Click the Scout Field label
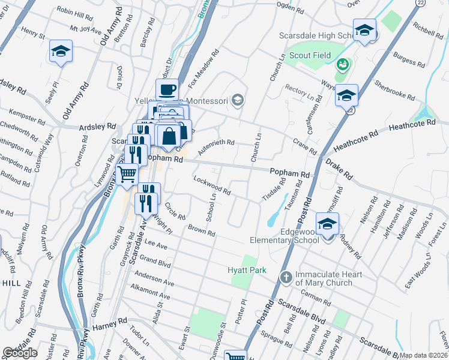click(x=311, y=56)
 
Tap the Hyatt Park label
click(x=247, y=271)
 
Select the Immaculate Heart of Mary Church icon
click(x=286, y=278)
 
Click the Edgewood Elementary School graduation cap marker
click(x=328, y=224)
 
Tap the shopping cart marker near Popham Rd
click(x=127, y=174)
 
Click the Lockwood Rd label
click(x=212, y=185)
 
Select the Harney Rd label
click(x=110, y=329)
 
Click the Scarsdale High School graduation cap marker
click(x=364, y=31)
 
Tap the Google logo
click(x=20, y=353)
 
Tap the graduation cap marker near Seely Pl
click(x=61, y=52)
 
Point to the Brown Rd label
click(x=201, y=230)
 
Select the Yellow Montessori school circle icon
click(x=238, y=100)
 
